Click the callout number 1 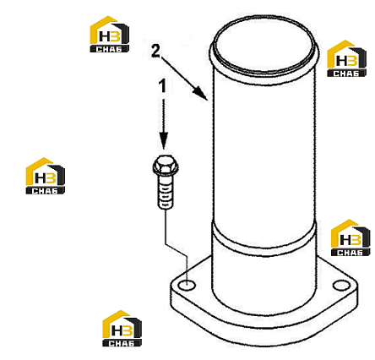click(x=163, y=86)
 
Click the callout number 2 click(x=155, y=51)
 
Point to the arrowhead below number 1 click(x=164, y=140)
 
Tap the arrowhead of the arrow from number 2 click(x=201, y=94)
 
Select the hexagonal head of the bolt click(x=166, y=167)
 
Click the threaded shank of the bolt click(x=166, y=194)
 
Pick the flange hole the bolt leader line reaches click(x=187, y=286)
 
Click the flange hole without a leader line click(x=341, y=286)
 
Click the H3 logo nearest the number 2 click(x=110, y=34)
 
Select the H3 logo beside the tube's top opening click(x=346, y=58)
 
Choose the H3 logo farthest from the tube click(x=46, y=176)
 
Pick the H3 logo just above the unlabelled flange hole click(x=351, y=237)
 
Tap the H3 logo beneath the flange click(x=122, y=328)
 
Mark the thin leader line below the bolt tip click(x=176, y=246)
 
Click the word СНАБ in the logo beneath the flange click(x=122, y=343)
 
